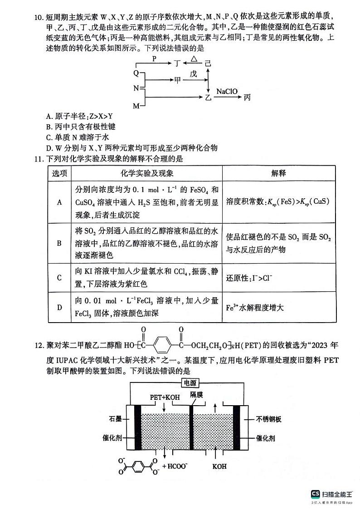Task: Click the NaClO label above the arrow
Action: tap(227, 91)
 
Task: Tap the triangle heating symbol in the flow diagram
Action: tap(194, 59)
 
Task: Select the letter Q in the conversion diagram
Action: tap(136, 73)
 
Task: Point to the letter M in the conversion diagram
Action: tap(136, 106)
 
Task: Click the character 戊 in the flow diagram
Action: tap(194, 74)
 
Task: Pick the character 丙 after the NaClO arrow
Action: tap(247, 98)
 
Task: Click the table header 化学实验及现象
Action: tap(147, 173)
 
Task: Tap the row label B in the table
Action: tap(59, 243)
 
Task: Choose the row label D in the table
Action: tap(59, 307)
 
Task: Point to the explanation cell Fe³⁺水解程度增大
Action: tap(255, 307)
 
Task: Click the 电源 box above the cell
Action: tap(189, 383)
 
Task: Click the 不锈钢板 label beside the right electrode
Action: tap(269, 419)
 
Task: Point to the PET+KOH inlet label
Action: tap(165, 397)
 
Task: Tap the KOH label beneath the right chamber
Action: tap(219, 466)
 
